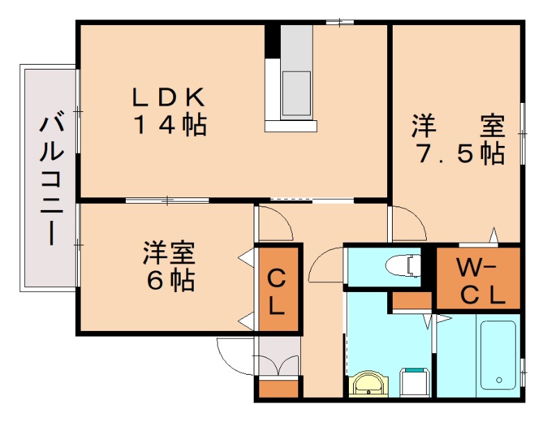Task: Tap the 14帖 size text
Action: point(170,126)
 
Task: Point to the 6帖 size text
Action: point(170,279)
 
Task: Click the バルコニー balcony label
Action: point(49,179)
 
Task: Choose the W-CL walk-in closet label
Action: point(478,280)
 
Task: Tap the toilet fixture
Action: point(403,265)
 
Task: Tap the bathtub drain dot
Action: point(499,380)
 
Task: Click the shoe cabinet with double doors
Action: point(277,364)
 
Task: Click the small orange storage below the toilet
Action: point(411,300)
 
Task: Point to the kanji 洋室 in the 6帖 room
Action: point(169,252)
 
